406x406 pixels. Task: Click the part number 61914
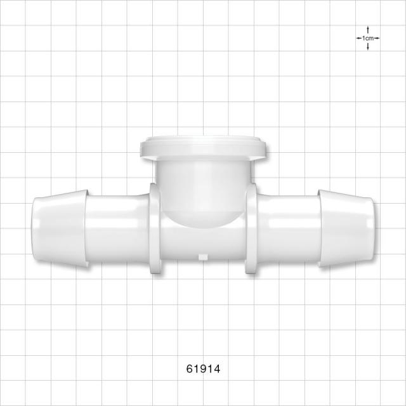[203, 369]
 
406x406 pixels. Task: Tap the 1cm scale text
[368, 38]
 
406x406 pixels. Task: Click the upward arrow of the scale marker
[368, 30]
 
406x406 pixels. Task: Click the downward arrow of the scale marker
[368, 46]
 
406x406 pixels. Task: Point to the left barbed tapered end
[60, 228]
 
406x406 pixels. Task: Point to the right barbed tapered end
[346, 228]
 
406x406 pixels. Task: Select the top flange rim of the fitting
[203, 148]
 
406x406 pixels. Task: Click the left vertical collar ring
[155, 228]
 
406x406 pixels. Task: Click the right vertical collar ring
[251, 228]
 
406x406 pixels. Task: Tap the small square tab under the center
[203, 257]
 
